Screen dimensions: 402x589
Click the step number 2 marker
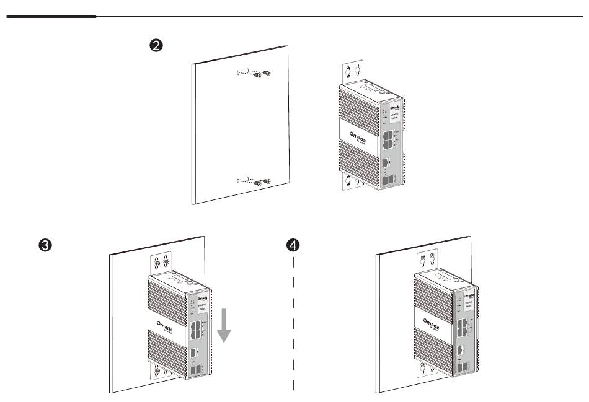[x=157, y=45]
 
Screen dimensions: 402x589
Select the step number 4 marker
[x=294, y=245]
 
